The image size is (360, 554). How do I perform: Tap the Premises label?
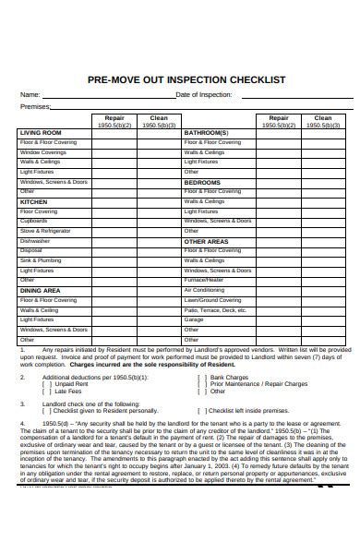click(35, 106)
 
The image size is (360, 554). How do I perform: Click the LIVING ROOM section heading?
click(41, 133)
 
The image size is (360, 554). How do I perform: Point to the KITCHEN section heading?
click(33, 200)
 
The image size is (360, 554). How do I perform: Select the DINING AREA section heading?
click(40, 290)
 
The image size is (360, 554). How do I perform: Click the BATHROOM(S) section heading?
click(207, 133)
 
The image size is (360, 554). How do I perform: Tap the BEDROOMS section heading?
click(202, 183)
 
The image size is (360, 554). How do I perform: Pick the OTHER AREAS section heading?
click(206, 241)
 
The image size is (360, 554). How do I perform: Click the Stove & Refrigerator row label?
click(44, 231)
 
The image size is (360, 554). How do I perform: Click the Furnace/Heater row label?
click(204, 279)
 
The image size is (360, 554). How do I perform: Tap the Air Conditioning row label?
click(204, 290)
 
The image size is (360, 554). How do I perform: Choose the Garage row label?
click(192, 330)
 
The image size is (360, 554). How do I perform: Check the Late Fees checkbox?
click(47, 391)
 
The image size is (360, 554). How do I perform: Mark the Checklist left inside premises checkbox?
click(201, 411)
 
